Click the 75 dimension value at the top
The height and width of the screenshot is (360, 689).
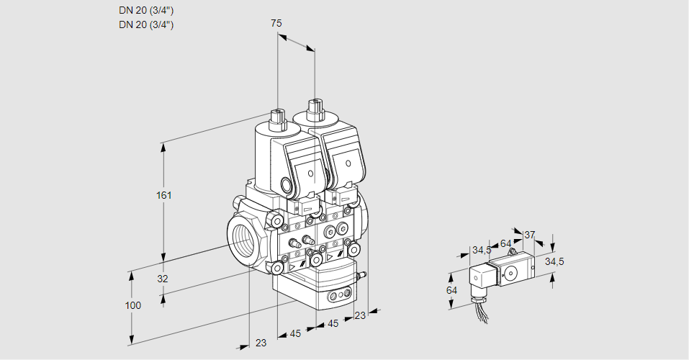click(276, 24)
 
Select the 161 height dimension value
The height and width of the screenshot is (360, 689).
click(165, 195)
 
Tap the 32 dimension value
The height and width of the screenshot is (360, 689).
click(163, 279)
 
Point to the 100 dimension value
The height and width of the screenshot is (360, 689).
click(132, 305)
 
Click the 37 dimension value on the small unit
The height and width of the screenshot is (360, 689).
click(530, 235)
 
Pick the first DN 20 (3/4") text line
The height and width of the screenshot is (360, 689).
click(146, 10)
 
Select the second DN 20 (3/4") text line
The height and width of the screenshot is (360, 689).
click(146, 24)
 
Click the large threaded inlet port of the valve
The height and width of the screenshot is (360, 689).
click(243, 237)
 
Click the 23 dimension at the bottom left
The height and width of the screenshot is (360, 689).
click(261, 343)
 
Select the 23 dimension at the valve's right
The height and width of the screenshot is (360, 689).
click(360, 315)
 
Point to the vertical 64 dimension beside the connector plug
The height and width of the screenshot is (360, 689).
click(451, 290)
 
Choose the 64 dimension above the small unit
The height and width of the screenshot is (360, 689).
click(505, 243)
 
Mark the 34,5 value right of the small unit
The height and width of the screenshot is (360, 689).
click(554, 261)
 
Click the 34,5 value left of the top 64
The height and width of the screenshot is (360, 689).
click(481, 251)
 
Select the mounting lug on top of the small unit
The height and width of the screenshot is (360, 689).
click(512, 251)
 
